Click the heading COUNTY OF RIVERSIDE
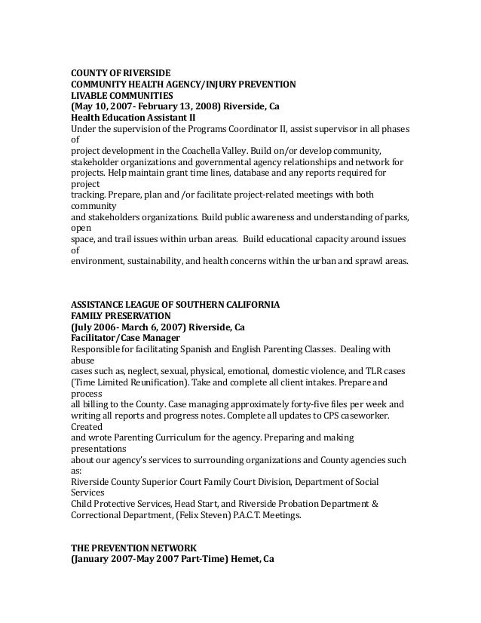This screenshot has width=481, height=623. coord(115,72)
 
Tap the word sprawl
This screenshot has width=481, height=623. coord(366,262)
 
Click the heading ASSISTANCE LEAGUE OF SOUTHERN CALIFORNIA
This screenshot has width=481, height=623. coord(175,306)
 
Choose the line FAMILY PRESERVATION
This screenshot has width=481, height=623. coord(121,318)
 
